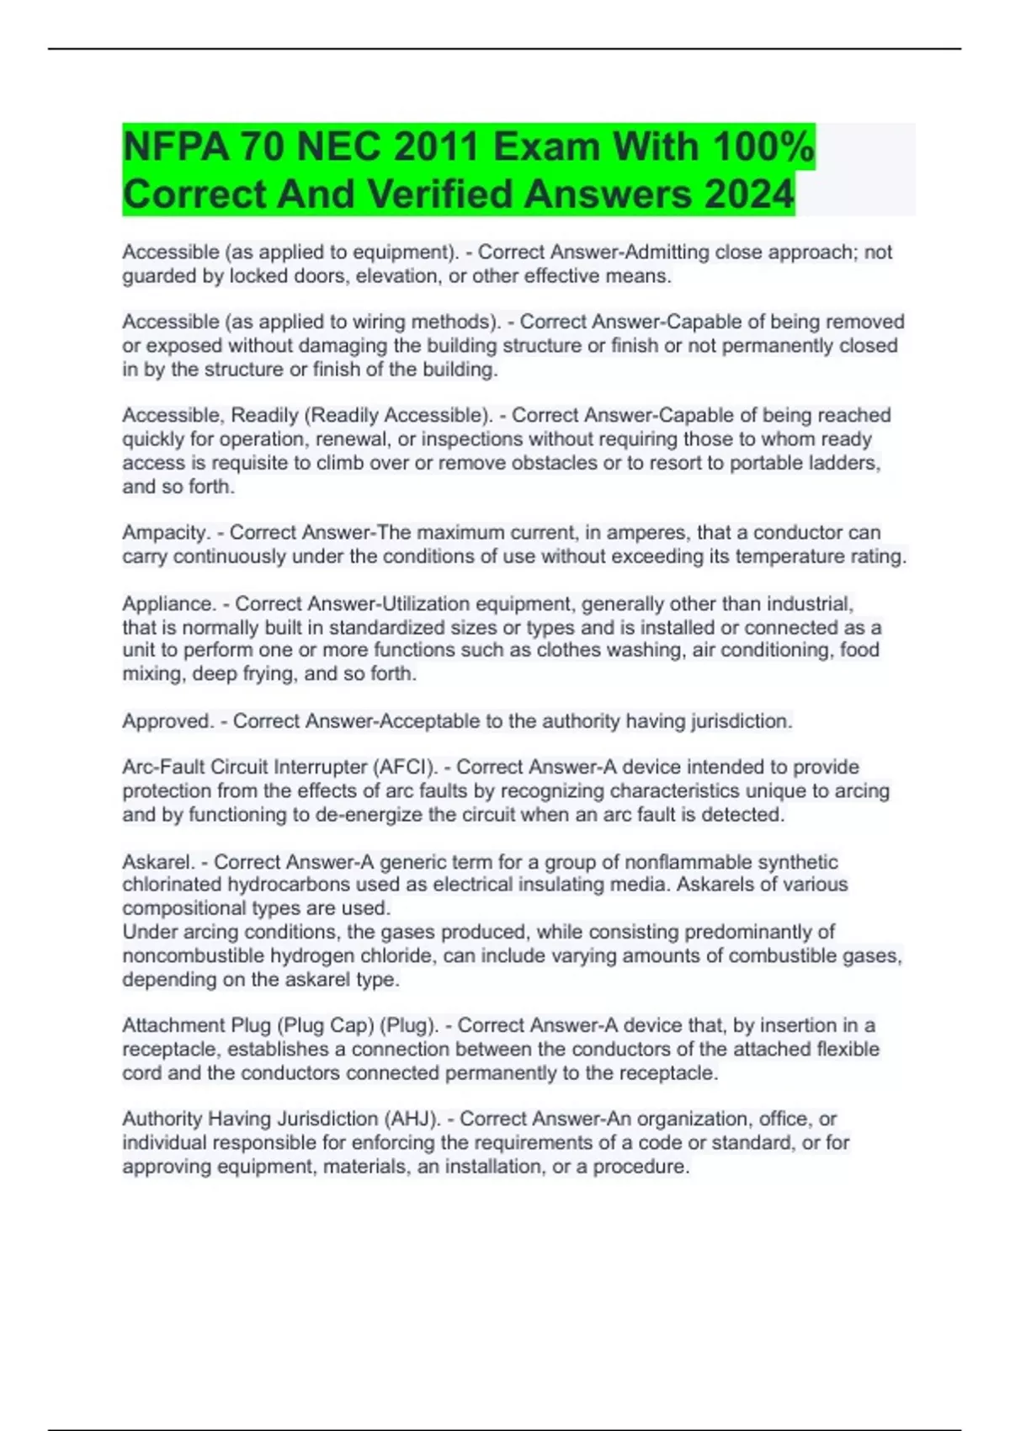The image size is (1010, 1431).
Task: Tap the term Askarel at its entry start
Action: (159, 862)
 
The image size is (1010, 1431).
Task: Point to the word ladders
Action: (845, 463)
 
